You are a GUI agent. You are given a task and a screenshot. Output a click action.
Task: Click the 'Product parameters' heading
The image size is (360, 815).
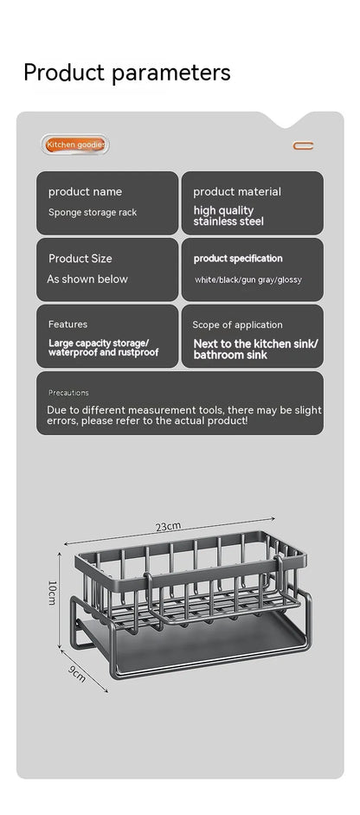pos(127,72)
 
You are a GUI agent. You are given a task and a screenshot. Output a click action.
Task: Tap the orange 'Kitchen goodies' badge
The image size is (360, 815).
pos(76,145)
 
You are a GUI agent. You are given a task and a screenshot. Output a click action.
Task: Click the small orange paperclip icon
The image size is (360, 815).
pos(303,145)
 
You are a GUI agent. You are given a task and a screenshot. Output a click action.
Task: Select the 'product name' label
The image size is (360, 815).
pos(85,191)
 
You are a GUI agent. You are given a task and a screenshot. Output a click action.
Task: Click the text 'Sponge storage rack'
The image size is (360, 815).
pos(92,212)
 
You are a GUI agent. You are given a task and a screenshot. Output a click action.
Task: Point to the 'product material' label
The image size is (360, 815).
pos(236,191)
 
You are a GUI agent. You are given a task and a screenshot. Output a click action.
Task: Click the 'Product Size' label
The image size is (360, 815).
pos(80,258)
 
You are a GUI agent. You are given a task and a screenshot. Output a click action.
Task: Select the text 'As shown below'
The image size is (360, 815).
pos(87,279)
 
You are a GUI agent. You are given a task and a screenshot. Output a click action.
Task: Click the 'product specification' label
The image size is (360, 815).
pos(237,258)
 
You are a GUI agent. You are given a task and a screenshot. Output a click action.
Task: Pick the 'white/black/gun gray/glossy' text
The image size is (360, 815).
pos(248,279)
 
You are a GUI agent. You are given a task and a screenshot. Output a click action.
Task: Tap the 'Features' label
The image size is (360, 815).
pos(67,324)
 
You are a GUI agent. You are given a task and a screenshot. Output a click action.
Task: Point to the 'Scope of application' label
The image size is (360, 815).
pos(237,324)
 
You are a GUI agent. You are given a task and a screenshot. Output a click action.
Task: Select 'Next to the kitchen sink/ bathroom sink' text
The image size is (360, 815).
pos(255,349)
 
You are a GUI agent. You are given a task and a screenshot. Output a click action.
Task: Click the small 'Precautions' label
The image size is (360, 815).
pos(68,392)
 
